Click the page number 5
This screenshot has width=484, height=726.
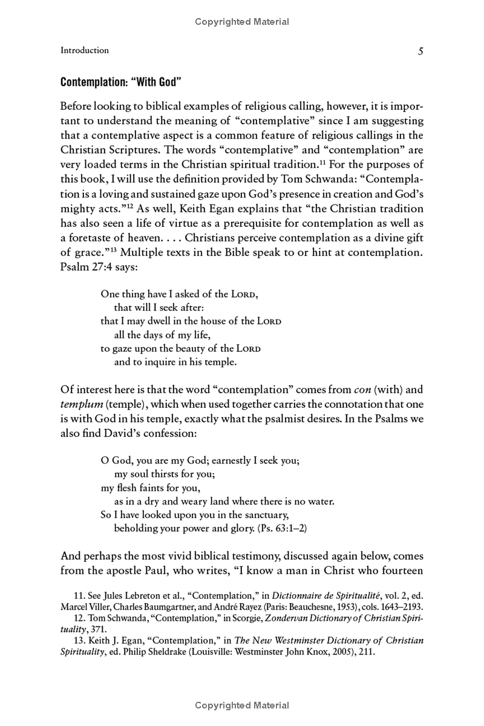[x=420, y=51]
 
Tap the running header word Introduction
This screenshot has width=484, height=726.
[x=85, y=50]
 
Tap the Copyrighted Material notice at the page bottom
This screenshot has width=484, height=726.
[x=242, y=705]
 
